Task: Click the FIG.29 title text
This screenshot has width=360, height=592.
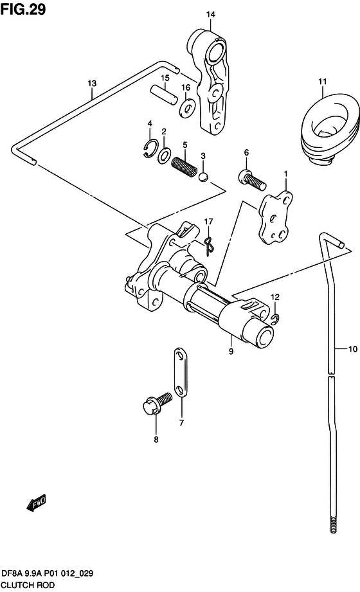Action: point(23,9)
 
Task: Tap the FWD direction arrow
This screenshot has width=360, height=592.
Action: point(36,503)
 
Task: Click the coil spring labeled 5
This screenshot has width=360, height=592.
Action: point(184,166)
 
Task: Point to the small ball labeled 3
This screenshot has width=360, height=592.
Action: point(203,177)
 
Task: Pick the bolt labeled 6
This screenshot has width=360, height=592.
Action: point(253,180)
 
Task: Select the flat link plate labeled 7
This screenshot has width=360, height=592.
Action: point(181,373)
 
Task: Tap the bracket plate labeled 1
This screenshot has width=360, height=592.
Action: point(275,218)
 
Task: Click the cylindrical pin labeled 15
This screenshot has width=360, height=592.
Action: point(163,94)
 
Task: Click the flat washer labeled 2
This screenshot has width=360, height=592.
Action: point(165,156)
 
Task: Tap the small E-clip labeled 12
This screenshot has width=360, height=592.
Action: point(275,319)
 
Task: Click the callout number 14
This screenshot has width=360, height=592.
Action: point(210,14)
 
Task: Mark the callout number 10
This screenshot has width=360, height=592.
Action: point(352,349)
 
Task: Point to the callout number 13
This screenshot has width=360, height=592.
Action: point(92,83)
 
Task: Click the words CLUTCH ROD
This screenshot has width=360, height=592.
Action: point(28,585)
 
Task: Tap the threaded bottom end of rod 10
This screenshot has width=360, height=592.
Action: point(333,524)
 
